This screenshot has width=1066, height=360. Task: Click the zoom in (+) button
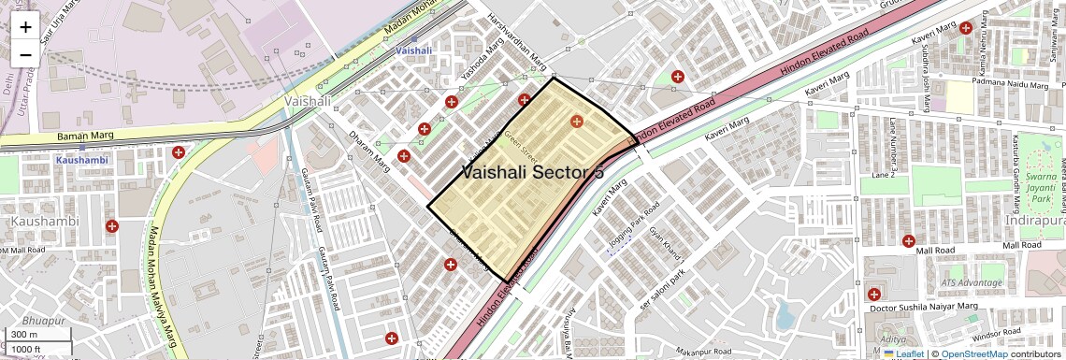pos(25,28)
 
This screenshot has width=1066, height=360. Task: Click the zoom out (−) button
pos(25,54)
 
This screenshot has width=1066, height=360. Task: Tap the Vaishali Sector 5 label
pos(532,172)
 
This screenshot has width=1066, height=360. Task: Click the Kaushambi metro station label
pos(81,160)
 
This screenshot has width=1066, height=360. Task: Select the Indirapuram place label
pos(1034,221)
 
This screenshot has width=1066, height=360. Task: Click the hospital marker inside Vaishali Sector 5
pos(576,122)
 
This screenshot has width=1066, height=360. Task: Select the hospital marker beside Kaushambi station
pos(178,152)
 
